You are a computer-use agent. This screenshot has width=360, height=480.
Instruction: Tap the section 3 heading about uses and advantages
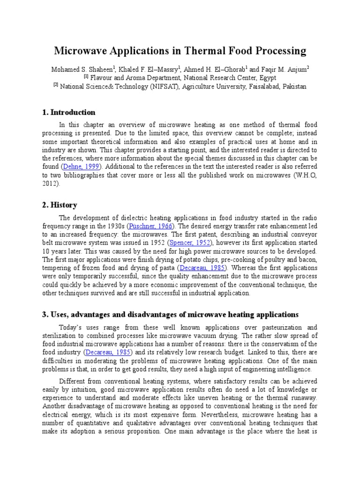point(174,314)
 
